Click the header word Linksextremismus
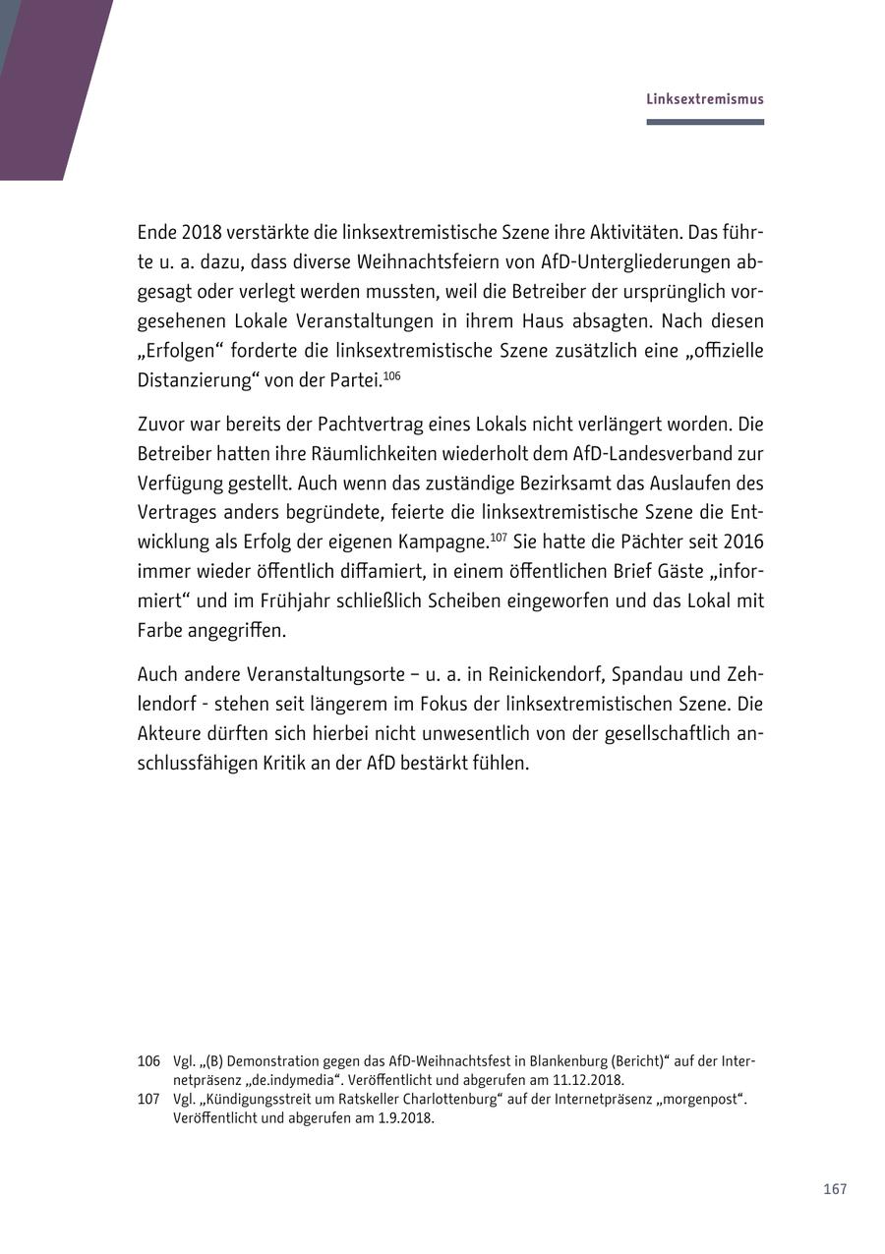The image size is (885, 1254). pyautogui.click(x=704, y=99)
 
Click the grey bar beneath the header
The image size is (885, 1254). pyautogui.click(x=704, y=122)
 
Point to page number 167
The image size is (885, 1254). pyautogui.click(x=835, y=1189)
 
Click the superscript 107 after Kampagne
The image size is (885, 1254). pyautogui.click(x=499, y=538)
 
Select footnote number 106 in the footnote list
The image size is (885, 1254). pyautogui.click(x=148, y=1061)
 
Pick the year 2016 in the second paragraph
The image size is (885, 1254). pyautogui.click(x=743, y=542)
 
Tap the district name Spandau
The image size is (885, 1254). pyautogui.click(x=644, y=675)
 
